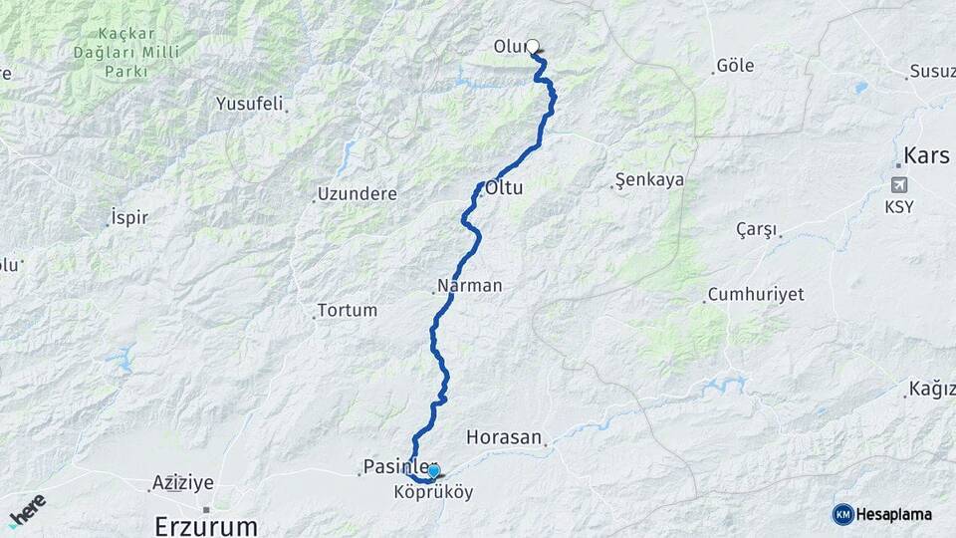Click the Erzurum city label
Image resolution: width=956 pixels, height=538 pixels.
click(x=206, y=525)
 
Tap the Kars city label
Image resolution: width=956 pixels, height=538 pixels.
click(x=926, y=156)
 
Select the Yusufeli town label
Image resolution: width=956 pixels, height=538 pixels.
click(x=250, y=103)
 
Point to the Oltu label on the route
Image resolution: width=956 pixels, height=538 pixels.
click(x=504, y=187)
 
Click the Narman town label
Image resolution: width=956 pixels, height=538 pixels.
click(x=468, y=286)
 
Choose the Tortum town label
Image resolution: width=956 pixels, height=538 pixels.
click(x=348, y=310)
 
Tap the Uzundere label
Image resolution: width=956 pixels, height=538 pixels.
click(x=357, y=193)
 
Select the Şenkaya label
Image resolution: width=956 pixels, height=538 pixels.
click(x=649, y=180)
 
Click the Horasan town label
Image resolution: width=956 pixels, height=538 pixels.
click(x=504, y=437)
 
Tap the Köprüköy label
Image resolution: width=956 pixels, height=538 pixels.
click(x=433, y=492)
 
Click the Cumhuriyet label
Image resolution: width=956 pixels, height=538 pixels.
click(x=755, y=295)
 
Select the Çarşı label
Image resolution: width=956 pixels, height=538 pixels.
click(x=756, y=229)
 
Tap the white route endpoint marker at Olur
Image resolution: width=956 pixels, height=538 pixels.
click(x=533, y=46)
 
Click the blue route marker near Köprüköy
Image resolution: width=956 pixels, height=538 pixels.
click(x=433, y=470)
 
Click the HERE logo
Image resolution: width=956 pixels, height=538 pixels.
click(x=27, y=510)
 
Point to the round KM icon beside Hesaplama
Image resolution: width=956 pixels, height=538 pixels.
click(x=842, y=514)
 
